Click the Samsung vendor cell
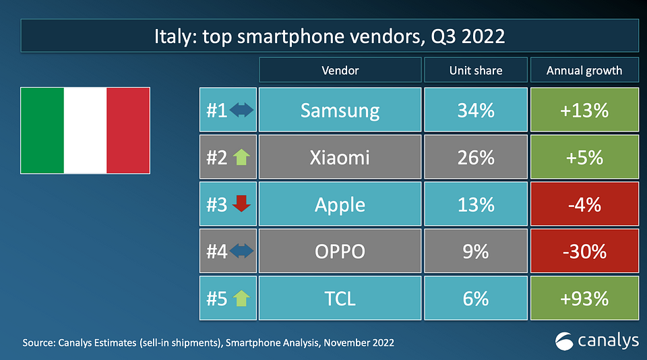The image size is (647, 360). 340,110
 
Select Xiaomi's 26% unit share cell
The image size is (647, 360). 475,157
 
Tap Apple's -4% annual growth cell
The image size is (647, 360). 584,204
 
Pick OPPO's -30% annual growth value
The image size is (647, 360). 584,251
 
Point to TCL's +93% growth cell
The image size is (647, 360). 584,298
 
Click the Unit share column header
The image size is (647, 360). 475,70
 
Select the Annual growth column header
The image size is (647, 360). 584,70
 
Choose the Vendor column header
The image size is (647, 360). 340,70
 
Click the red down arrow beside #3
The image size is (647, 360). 241,204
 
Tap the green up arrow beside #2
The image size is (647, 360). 241,157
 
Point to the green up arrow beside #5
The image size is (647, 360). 241,298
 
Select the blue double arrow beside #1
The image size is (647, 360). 241,110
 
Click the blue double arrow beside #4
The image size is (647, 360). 241,251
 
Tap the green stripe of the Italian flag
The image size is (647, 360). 42,129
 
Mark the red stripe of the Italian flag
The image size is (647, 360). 128,129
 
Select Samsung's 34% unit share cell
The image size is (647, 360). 475,110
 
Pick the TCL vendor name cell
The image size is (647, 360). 340,298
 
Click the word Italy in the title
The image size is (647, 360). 172,36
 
